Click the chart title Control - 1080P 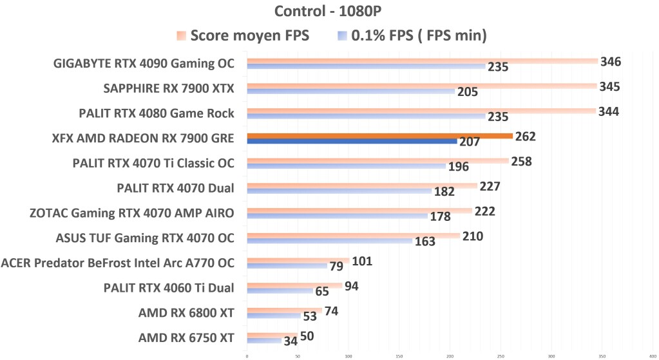(x=329, y=12)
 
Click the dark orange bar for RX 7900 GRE (x=379, y=136)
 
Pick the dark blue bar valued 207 (x=352, y=141)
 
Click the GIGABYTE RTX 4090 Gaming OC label (x=143, y=64)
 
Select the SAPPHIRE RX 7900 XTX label (x=169, y=89)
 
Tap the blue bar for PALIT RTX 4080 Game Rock (x=366, y=117)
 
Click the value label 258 (x=521, y=161)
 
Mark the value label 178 (x=440, y=216)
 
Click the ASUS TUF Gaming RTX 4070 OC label (x=145, y=238)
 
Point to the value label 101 (x=361, y=261)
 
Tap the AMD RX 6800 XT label (x=186, y=313)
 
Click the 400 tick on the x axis (x=652, y=355)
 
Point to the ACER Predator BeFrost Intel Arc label (x=118, y=263)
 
